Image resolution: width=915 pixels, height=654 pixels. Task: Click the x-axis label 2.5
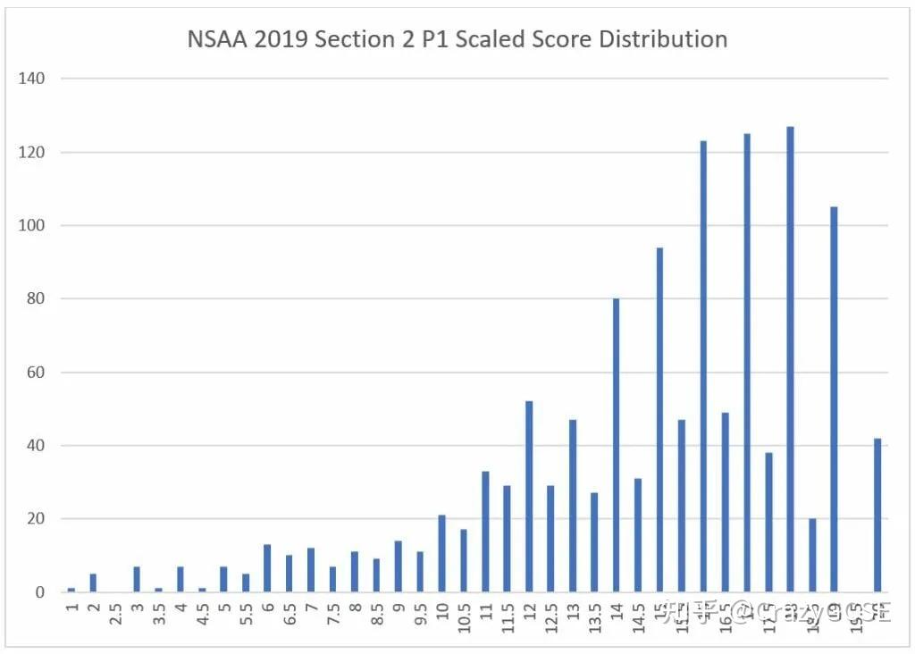click(x=115, y=617)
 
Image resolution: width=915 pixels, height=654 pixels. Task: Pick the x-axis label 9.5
click(x=421, y=617)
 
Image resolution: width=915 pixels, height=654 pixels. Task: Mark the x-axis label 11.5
click(x=508, y=617)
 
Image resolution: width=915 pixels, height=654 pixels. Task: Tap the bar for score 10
click(x=442, y=554)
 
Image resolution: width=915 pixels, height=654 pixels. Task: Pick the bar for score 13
click(x=573, y=506)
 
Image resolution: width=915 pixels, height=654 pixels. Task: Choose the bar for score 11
click(x=486, y=532)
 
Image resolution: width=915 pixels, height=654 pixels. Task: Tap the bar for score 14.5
click(x=638, y=535)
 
